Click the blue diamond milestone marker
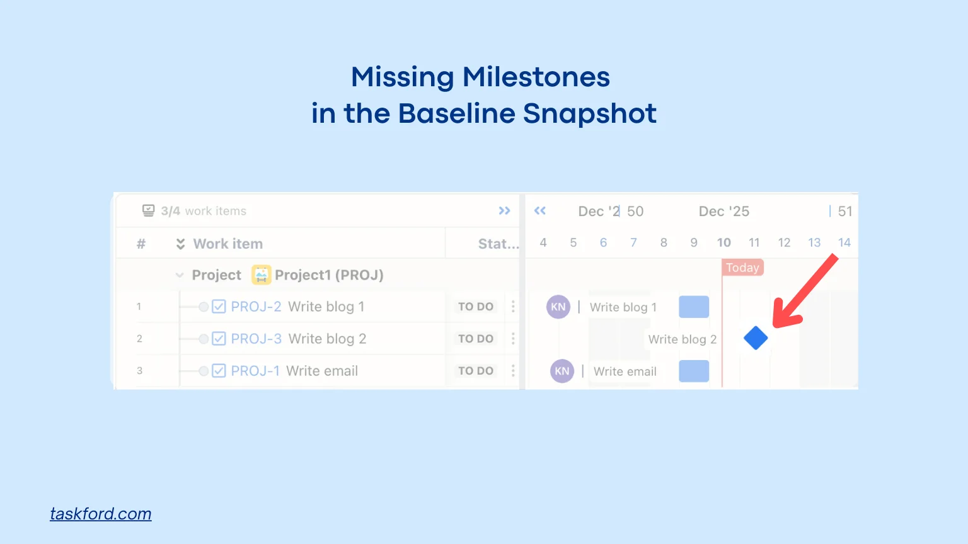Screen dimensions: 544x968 756,338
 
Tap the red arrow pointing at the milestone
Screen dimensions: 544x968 804,292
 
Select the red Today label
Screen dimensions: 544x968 742,268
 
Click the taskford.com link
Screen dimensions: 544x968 101,514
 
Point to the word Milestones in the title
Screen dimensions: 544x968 536,77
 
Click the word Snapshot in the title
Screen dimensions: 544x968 590,114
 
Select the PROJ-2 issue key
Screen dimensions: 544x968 256,307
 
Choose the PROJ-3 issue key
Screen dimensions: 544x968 256,339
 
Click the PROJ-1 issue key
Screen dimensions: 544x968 255,371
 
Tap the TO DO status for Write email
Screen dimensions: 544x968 476,371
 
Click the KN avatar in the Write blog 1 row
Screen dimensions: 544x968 558,307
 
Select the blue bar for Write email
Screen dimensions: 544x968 694,371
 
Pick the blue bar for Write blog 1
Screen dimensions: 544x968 694,307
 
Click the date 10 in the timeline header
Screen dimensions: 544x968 723,242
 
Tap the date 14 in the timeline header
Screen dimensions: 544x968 844,242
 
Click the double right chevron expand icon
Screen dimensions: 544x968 504,211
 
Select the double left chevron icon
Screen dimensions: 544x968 540,211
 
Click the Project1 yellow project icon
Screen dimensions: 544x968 262,275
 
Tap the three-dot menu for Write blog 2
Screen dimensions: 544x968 513,339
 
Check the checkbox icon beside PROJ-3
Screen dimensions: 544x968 219,339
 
